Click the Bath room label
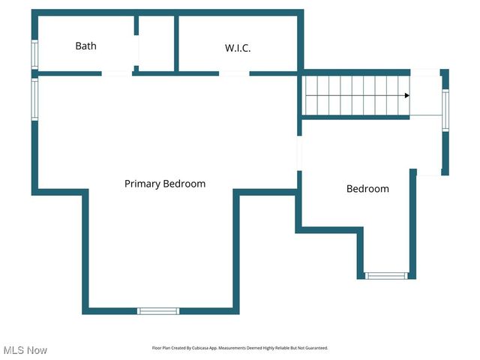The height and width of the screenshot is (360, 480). pyautogui.click(x=85, y=46)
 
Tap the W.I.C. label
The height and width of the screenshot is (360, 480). pyautogui.click(x=238, y=48)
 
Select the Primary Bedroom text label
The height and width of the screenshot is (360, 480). pyautogui.click(x=165, y=184)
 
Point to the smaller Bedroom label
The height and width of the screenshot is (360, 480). pyautogui.click(x=367, y=189)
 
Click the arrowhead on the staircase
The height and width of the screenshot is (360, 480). pyautogui.click(x=406, y=96)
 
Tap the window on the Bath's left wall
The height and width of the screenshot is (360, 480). pyautogui.click(x=34, y=54)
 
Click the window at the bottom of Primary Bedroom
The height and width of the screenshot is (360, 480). pyautogui.click(x=158, y=310)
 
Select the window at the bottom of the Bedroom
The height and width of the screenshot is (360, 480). pyautogui.click(x=387, y=276)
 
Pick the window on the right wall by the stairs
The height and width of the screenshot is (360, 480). pyautogui.click(x=445, y=111)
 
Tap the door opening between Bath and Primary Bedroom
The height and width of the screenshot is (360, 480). pyautogui.click(x=117, y=73)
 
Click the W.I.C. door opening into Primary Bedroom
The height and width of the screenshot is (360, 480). pyautogui.click(x=234, y=73)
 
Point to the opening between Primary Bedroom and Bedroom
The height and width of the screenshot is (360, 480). pyautogui.click(x=299, y=154)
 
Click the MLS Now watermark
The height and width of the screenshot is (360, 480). pyautogui.click(x=25, y=350)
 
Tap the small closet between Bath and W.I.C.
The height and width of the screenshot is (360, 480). pyautogui.click(x=157, y=45)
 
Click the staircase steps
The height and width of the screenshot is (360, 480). pyautogui.click(x=352, y=95)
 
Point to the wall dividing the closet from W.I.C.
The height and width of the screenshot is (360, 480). pyautogui.click(x=176, y=43)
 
